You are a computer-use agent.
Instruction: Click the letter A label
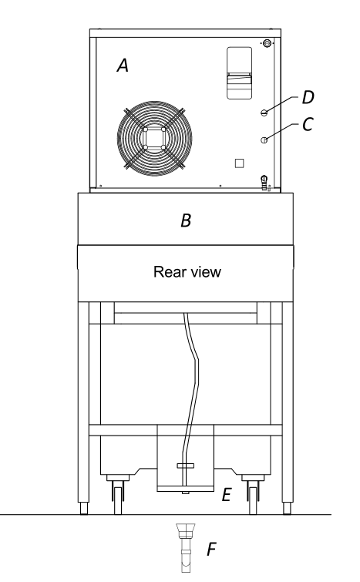point(123,66)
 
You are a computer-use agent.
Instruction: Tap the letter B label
point(186,220)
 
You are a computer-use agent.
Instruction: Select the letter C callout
point(308,124)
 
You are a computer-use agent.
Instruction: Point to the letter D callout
point(308,97)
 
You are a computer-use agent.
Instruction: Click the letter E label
point(227,495)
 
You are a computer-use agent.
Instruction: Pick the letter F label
point(211,550)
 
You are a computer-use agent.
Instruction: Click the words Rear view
point(187,271)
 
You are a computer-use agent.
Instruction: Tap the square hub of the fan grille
point(154,138)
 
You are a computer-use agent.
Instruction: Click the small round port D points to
point(264,113)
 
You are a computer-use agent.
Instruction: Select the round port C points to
point(264,140)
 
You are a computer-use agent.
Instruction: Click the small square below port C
point(240,163)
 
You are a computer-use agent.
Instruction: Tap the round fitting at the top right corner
point(267,43)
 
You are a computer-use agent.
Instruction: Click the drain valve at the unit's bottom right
point(264,183)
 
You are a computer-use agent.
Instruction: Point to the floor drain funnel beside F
point(186,547)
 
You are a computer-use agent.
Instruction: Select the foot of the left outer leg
point(84,509)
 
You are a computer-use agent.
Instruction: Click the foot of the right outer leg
point(287,509)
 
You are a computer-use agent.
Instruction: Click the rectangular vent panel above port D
point(240,73)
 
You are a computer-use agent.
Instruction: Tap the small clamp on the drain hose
point(186,466)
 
